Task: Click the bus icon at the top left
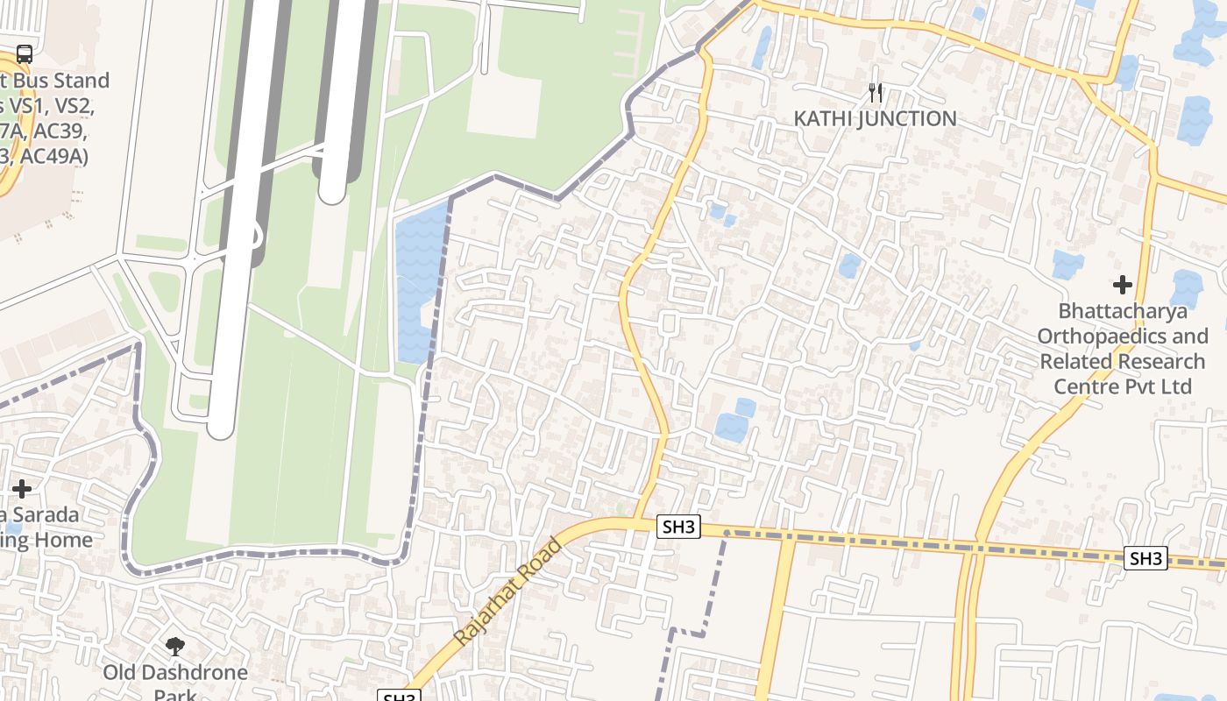click(x=24, y=54)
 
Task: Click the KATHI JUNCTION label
click(x=875, y=118)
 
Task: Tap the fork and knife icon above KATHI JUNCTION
click(x=875, y=92)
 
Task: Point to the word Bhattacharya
click(x=1123, y=311)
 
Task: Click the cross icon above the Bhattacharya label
click(x=1122, y=285)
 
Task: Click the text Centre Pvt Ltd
click(x=1123, y=386)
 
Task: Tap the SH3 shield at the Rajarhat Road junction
click(x=679, y=527)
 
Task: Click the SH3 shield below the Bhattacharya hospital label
click(x=1146, y=558)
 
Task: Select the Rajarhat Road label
click(x=508, y=591)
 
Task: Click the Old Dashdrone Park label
click(x=175, y=673)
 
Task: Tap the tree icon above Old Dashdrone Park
click(x=175, y=648)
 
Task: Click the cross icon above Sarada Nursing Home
click(x=22, y=489)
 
